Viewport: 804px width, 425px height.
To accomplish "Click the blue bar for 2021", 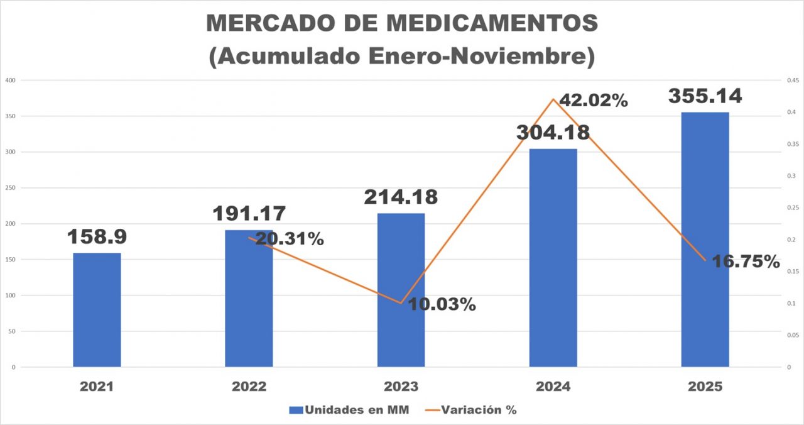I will (x=97, y=309).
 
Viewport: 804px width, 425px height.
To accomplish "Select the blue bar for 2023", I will (x=401, y=289).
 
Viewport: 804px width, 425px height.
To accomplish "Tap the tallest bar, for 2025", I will (x=705, y=239).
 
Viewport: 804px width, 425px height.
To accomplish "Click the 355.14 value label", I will (x=705, y=96).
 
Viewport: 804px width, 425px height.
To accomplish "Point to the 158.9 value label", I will (x=97, y=237).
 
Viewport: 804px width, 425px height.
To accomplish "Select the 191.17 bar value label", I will (x=249, y=214).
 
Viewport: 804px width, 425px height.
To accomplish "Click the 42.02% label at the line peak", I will (x=593, y=101).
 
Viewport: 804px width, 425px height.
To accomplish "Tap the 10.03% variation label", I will (x=442, y=305).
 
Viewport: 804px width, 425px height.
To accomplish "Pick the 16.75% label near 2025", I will (x=745, y=262).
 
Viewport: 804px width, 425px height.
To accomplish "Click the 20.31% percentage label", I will (x=290, y=239).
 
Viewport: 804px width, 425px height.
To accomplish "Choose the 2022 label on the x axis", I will (x=249, y=387).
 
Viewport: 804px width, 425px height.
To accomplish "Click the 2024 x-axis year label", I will (x=553, y=387).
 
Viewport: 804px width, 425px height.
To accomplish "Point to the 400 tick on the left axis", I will (x=11, y=80).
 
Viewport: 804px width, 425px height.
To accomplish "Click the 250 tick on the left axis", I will (x=11, y=188).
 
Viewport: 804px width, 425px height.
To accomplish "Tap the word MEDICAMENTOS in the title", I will (x=491, y=23).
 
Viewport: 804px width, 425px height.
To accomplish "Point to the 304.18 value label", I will (x=553, y=133).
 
